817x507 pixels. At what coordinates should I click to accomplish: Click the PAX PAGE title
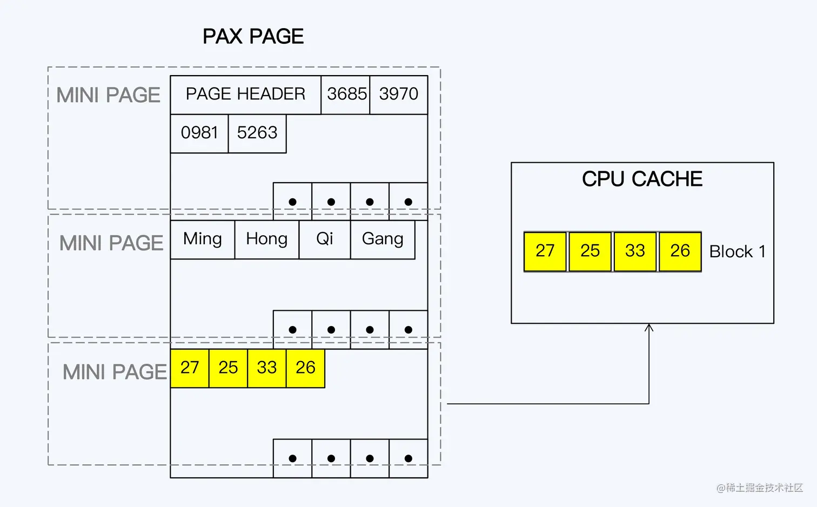253,37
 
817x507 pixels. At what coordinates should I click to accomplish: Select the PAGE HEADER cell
245,95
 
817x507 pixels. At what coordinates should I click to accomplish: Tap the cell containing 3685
346,95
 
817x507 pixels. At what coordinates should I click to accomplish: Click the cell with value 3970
399,95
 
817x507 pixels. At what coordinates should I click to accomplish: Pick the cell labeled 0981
199,133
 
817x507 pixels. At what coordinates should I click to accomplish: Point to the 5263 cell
257,133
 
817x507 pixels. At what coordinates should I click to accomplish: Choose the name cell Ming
203,239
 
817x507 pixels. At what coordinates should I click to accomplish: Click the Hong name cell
266,239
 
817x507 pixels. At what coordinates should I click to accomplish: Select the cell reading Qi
325,239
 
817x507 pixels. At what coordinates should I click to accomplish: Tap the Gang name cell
383,239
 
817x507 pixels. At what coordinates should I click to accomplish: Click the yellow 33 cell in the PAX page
267,368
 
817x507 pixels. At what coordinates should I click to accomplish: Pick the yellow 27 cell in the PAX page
190,368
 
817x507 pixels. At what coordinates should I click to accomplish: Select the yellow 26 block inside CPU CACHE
680,251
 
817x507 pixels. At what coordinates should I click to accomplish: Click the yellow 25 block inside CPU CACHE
590,251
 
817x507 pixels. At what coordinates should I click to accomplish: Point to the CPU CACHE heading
642,179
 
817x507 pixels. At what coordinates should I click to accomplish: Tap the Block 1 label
737,252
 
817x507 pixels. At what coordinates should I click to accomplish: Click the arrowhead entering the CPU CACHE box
649,328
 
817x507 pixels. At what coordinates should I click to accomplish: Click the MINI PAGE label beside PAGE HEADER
109,96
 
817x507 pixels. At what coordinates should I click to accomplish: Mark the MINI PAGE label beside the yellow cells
115,372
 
